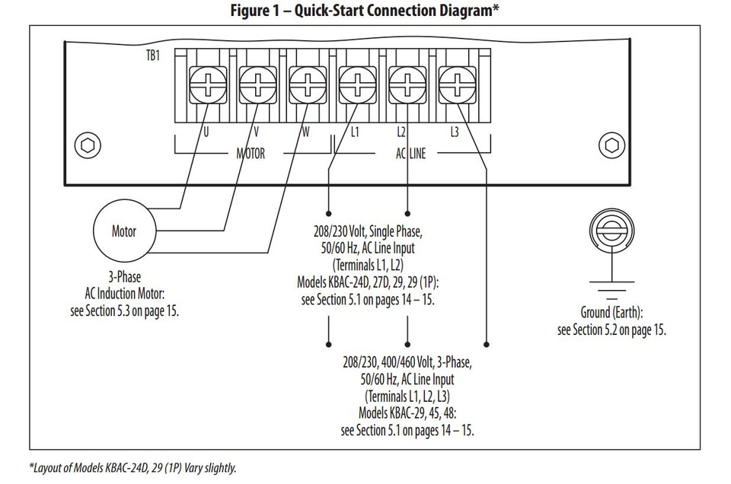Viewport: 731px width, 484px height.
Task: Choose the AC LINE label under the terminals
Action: coord(410,154)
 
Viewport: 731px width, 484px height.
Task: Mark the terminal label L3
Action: coord(454,132)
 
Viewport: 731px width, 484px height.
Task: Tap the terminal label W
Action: coord(305,132)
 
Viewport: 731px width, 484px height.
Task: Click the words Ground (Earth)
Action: coord(611,313)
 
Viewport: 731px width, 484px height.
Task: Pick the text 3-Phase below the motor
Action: coord(124,278)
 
